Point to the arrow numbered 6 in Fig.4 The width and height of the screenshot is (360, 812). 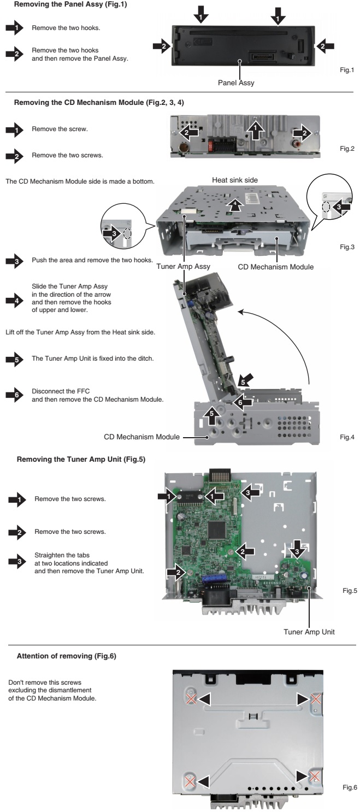point(243,402)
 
